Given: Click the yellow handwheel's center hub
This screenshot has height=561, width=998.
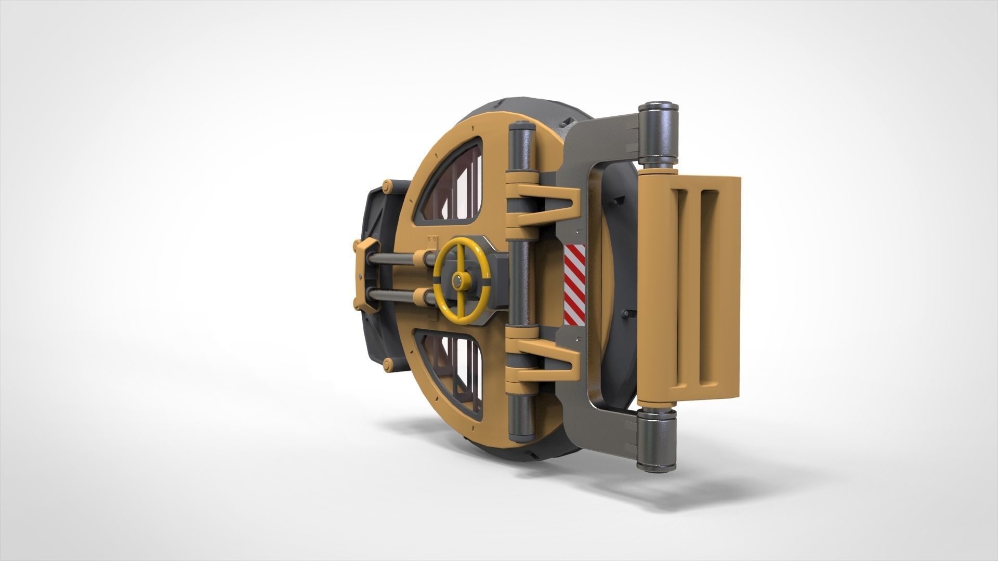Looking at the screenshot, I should [x=458, y=280].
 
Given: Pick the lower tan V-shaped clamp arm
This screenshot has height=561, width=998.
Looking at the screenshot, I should [x=551, y=358].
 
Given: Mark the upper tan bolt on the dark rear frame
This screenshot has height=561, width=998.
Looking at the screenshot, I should [x=387, y=185].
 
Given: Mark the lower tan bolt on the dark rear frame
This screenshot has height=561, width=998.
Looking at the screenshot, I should [x=387, y=363].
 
